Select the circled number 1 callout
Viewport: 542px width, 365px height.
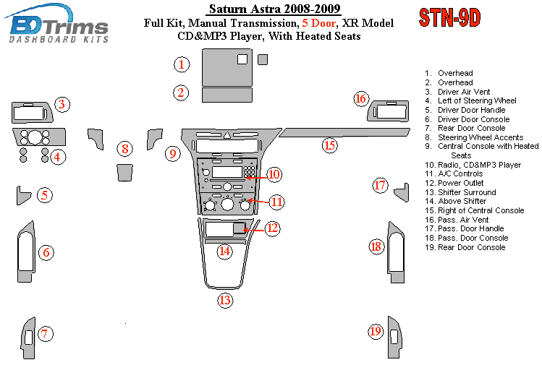click(x=181, y=65)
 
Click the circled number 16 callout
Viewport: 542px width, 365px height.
click(x=361, y=98)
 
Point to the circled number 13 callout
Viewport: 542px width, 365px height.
click(x=226, y=300)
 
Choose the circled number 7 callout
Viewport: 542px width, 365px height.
click(x=45, y=333)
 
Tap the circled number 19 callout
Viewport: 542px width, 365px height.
click(x=376, y=331)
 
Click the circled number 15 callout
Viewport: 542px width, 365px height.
click(x=329, y=145)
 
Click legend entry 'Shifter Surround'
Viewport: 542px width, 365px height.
click(x=467, y=192)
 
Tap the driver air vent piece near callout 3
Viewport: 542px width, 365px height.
click(x=32, y=113)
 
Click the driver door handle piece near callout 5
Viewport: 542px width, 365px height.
click(x=24, y=194)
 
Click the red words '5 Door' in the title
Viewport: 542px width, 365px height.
click(x=318, y=23)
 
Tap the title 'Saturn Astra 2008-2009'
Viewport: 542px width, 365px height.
click(x=274, y=9)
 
